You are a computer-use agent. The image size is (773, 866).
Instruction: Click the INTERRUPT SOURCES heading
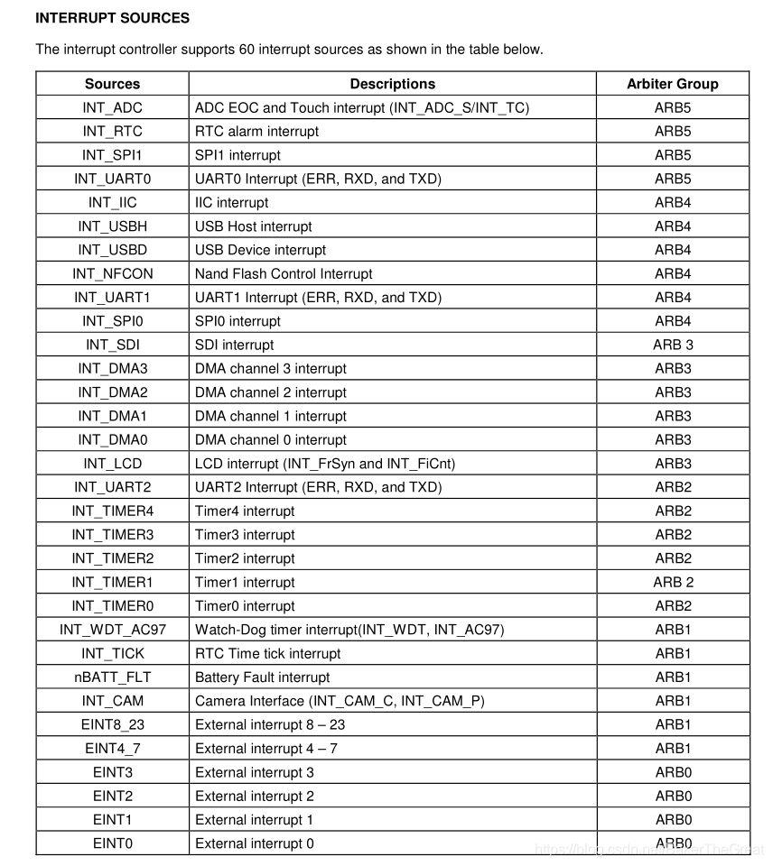[x=112, y=17]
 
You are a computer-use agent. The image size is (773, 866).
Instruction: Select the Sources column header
[x=112, y=84]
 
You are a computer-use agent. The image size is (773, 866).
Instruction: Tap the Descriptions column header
[x=392, y=84]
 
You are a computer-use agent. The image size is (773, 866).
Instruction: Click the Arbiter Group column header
[x=673, y=84]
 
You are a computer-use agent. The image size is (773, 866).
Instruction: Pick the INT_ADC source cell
[x=112, y=107]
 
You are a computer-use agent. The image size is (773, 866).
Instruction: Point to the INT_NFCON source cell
[x=112, y=273]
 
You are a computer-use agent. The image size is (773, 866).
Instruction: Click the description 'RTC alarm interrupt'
[x=256, y=131]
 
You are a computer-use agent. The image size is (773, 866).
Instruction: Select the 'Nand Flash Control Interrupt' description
[x=284, y=273]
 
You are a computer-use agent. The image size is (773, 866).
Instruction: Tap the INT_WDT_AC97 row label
[x=112, y=630]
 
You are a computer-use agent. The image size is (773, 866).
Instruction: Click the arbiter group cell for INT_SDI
[x=673, y=345]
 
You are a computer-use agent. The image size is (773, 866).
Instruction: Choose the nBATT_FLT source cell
[x=112, y=677]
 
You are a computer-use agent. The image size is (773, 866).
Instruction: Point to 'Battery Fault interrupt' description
[x=262, y=677]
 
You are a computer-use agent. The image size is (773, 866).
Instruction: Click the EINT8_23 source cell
[x=112, y=724]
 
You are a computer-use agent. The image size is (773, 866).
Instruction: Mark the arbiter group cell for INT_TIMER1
[x=673, y=582]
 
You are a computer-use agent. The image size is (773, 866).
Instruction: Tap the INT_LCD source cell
[x=112, y=464]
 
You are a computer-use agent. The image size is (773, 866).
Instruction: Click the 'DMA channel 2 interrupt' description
[x=270, y=392]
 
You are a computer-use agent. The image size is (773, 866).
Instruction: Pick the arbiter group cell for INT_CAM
[x=673, y=701]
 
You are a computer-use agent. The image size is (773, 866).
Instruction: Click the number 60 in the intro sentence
[x=248, y=50]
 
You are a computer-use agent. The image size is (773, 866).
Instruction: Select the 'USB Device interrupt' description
[x=260, y=250]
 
